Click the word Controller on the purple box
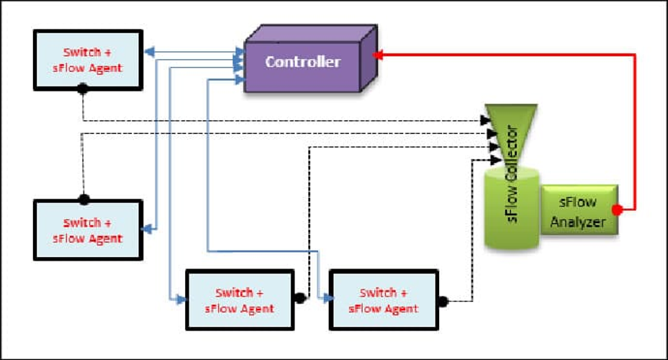click(302, 62)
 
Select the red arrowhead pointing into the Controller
click(378, 54)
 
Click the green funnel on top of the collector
click(510, 126)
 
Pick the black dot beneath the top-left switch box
click(83, 89)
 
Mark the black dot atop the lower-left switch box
click(83, 198)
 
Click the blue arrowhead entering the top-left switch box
click(148, 52)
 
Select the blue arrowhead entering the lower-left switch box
click(147, 229)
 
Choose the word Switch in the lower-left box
click(82, 224)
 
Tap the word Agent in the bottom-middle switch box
click(256, 309)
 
